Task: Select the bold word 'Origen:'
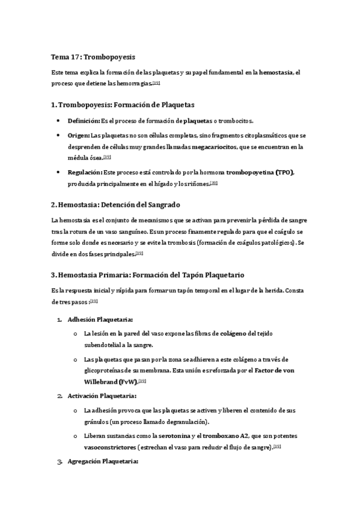click(x=79, y=135)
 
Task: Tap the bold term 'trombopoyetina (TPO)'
click(x=260, y=172)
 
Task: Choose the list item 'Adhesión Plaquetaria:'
click(x=100, y=319)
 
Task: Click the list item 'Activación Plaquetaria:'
click(x=102, y=396)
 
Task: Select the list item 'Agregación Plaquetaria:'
click(x=103, y=462)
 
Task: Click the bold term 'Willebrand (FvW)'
click(x=112, y=381)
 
